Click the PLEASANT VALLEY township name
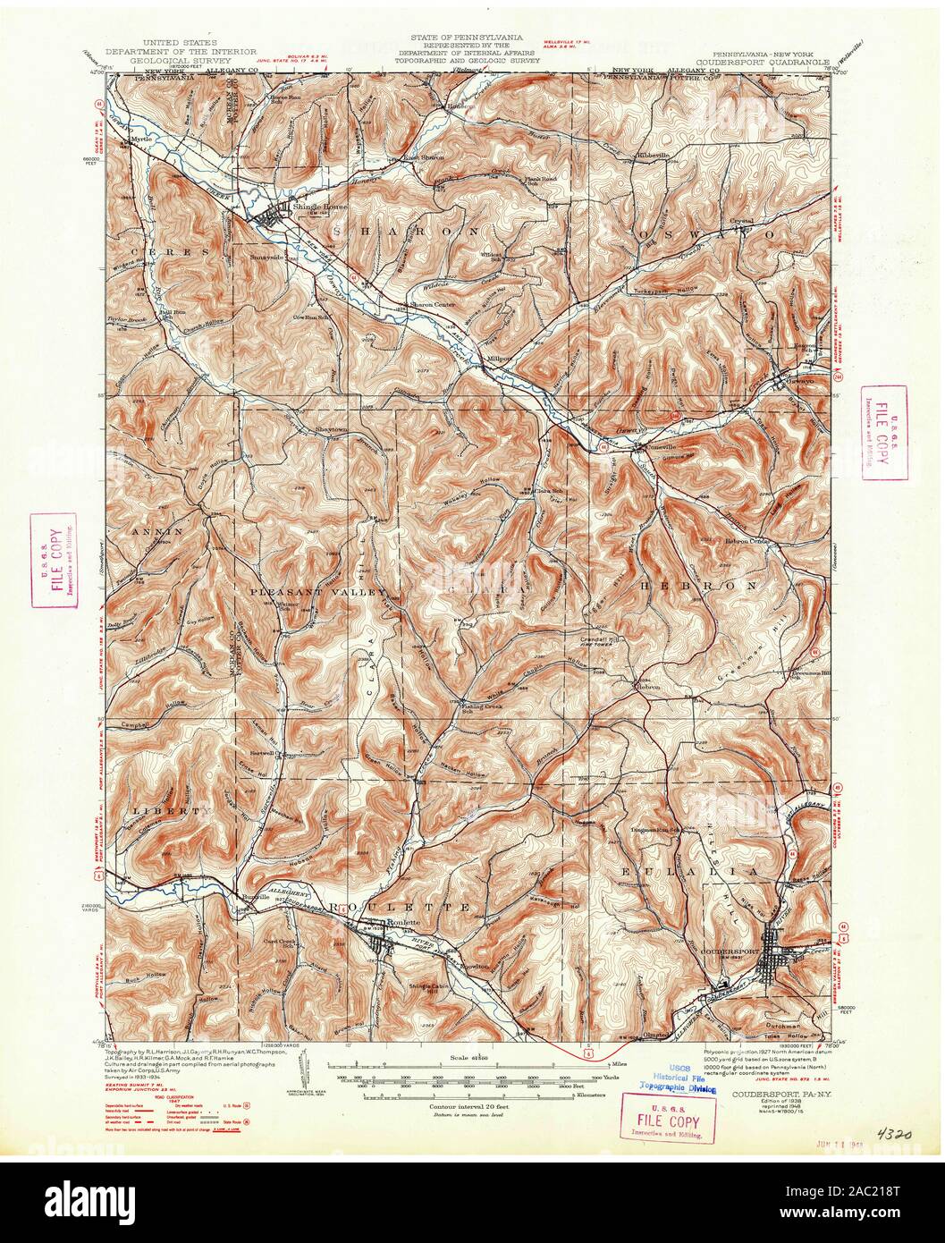click(x=319, y=592)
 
